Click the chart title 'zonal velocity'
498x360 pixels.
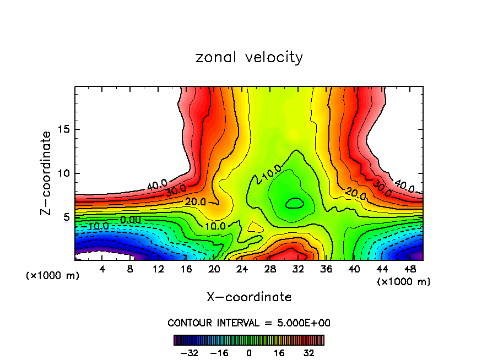[249, 57]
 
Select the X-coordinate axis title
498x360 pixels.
[249, 297]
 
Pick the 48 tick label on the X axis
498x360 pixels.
[410, 269]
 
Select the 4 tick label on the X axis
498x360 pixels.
[102, 269]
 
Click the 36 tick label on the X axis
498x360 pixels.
[326, 269]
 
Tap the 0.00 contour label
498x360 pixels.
[131, 220]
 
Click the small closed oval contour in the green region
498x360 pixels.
[295, 203]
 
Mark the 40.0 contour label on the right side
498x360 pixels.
[403, 188]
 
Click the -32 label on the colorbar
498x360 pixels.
[189, 352]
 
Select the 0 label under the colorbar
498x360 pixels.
[249, 352]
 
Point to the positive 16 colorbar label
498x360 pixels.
[280, 352]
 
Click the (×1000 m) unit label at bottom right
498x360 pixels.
[403, 282]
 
